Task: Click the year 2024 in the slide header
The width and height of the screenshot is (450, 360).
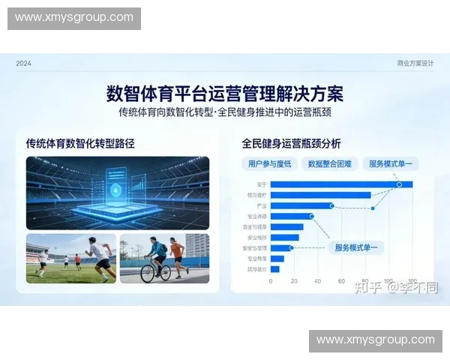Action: coord(24,64)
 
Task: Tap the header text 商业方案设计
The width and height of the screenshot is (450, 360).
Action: coord(415,64)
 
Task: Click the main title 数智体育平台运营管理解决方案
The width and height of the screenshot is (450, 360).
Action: coord(225,94)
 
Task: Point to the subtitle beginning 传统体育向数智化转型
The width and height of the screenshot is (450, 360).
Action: coord(225,112)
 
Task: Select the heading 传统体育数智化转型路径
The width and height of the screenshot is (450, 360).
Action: coord(80,142)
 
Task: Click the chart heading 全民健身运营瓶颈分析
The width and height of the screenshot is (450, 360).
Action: coord(291,142)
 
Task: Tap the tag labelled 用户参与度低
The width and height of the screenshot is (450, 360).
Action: coord(270,163)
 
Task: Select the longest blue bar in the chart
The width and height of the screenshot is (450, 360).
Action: coord(341,184)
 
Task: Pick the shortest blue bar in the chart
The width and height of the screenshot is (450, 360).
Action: coord(274,268)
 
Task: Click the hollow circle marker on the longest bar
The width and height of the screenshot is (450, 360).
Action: coord(399,184)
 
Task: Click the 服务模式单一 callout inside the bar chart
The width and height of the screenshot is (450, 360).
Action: coord(357,247)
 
